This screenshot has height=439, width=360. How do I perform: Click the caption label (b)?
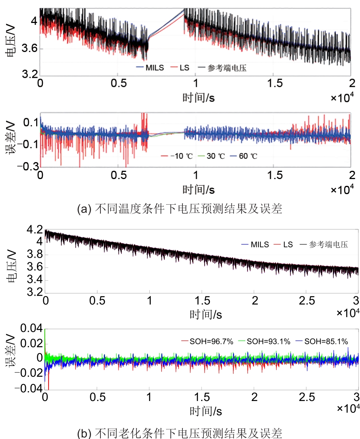(83, 434)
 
